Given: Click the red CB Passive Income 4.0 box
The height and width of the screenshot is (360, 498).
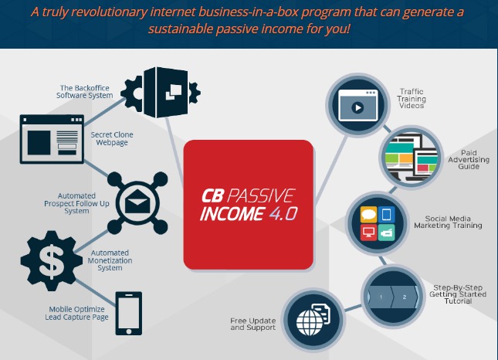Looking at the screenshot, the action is pyautogui.click(x=249, y=205).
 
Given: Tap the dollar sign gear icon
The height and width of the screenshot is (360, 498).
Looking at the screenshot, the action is pyautogui.click(x=50, y=261).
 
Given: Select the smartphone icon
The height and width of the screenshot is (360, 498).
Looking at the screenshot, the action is pyautogui.click(x=129, y=314).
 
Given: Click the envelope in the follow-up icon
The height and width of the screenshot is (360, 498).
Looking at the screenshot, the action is pyautogui.click(x=137, y=202).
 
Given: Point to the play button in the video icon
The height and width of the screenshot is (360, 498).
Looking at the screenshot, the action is pyautogui.click(x=357, y=107).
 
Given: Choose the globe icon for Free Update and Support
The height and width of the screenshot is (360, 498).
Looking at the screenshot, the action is pyautogui.click(x=309, y=322).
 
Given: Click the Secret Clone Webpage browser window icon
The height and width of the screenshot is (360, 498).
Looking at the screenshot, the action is pyautogui.click(x=52, y=139).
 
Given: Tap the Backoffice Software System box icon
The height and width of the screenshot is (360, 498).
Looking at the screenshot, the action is pyautogui.click(x=161, y=93).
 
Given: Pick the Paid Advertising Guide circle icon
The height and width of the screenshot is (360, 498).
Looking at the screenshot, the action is pyautogui.click(x=412, y=158).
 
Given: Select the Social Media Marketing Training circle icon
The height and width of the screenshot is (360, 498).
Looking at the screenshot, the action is pyautogui.click(x=378, y=224).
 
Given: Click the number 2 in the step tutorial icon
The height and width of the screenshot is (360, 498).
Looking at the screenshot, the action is pyautogui.click(x=405, y=297).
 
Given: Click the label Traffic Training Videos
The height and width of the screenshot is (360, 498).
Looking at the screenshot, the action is pyautogui.click(x=412, y=99).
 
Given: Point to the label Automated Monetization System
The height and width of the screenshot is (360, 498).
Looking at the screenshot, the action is pyautogui.click(x=110, y=260).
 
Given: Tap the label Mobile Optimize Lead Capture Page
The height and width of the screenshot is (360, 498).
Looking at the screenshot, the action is pyautogui.click(x=76, y=313).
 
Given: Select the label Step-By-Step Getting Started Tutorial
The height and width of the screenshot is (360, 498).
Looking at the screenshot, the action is pyautogui.click(x=458, y=294).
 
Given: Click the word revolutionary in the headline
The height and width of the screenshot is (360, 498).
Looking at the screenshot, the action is pyautogui.click(x=109, y=12).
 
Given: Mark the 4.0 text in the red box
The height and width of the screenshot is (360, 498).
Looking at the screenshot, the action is pyautogui.click(x=283, y=213).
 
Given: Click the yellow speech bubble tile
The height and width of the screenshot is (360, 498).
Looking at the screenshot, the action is pyautogui.click(x=369, y=215).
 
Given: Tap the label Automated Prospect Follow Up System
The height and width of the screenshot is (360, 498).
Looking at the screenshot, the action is pyautogui.click(x=76, y=203).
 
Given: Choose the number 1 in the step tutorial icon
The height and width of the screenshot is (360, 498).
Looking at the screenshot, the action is pyautogui.click(x=381, y=297).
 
